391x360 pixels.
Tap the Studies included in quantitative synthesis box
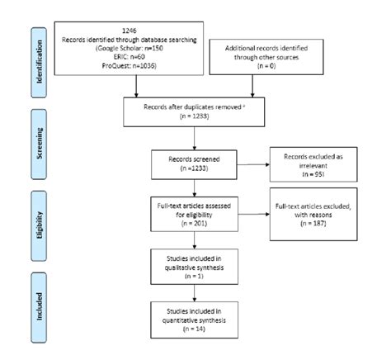click(x=195, y=319)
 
